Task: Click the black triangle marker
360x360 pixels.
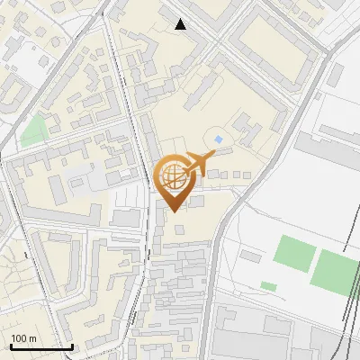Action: pyautogui.click(x=181, y=24)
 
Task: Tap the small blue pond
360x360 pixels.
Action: pyautogui.click(x=219, y=139)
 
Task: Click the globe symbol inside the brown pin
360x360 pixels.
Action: pyautogui.click(x=173, y=176)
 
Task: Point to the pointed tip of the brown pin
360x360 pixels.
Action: pyautogui.click(x=173, y=211)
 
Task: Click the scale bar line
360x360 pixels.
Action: pyautogui.click(x=41, y=346)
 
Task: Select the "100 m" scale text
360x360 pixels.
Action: pyautogui.click(x=24, y=337)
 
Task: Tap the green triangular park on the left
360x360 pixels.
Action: pyautogui.click(x=34, y=132)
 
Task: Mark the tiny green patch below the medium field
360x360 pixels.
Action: pyautogui.click(x=268, y=286)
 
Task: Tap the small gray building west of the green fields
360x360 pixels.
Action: pyautogui.click(x=251, y=257)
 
